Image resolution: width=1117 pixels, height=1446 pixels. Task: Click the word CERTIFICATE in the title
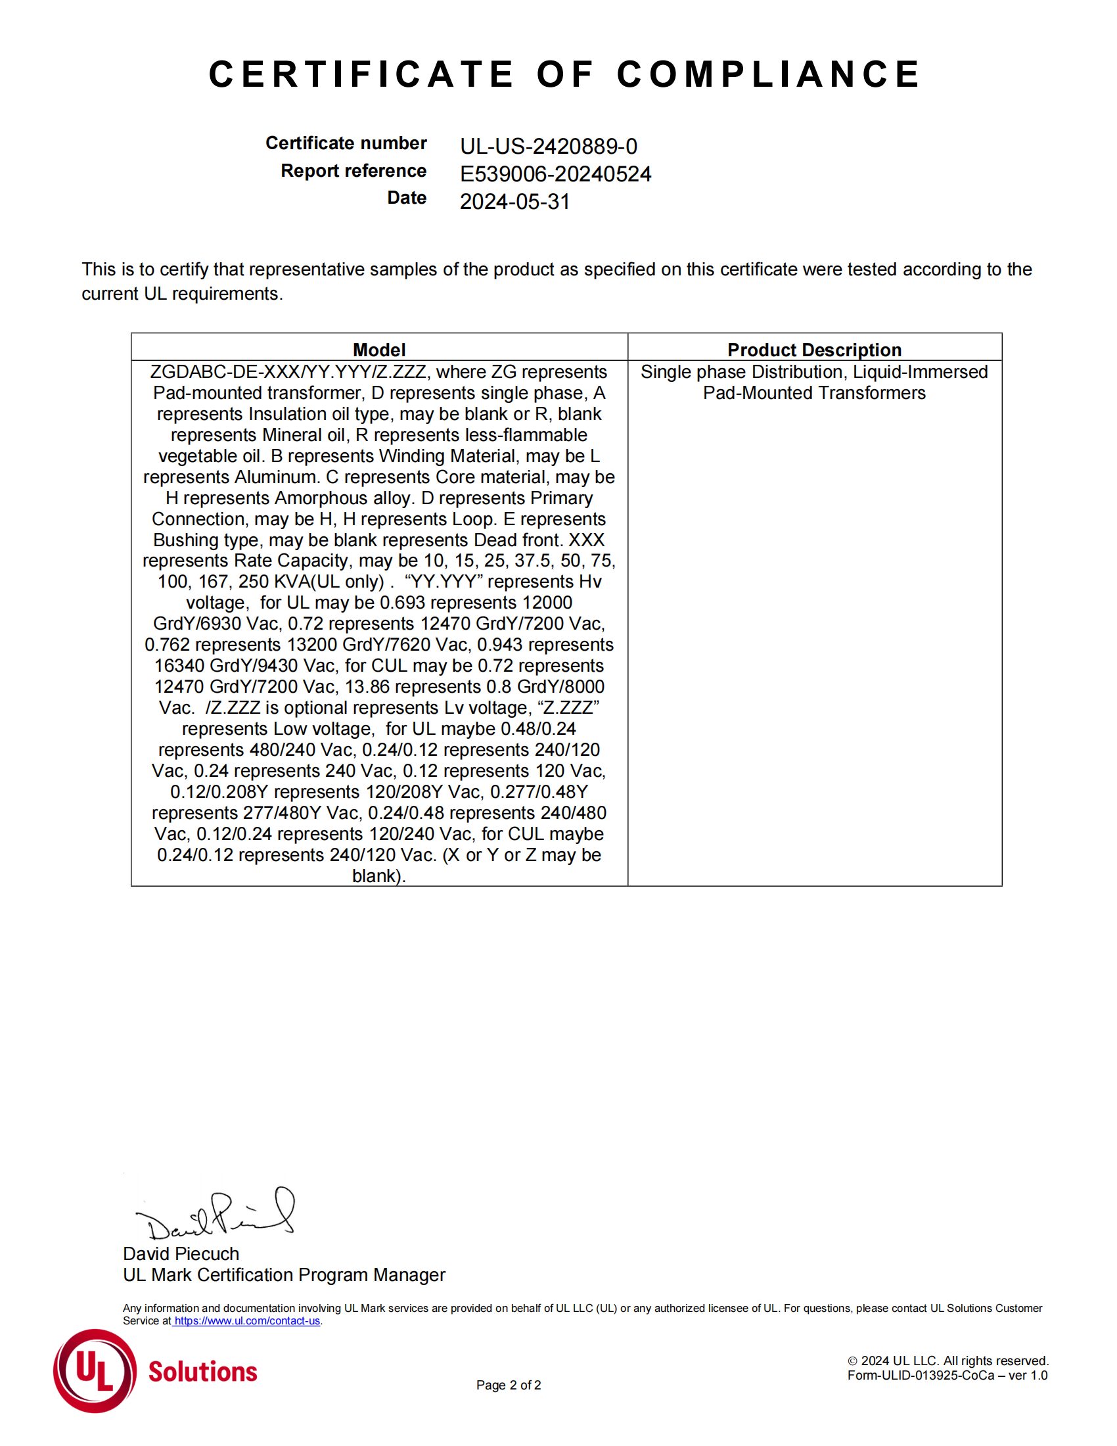pyautogui.click(x=361, y=74)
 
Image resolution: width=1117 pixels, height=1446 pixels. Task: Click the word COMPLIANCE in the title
pyautogui.click(x=768, y=74)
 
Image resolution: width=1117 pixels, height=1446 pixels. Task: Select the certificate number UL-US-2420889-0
pyautogui.click(x=549, y=147)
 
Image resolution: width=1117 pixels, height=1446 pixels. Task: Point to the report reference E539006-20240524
pyautogui.click(x=555, y=174)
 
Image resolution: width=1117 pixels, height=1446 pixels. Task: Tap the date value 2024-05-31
pyautogui.click(x=515, y=202)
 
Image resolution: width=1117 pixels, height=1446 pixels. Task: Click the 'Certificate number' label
pyautogui.click(x=346, y=143)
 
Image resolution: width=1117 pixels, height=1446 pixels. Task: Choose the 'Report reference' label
pyautogui.click(x=353, y=171)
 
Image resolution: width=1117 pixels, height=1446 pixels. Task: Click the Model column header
pyautogui.click(x=378, y=350)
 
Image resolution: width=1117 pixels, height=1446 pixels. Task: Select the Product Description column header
pyautogui.click(x=814, y=350)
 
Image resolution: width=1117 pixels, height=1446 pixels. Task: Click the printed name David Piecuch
pyautogui.click(x=181, y=1253)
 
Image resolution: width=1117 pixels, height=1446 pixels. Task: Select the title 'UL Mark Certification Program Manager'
pyautogui.click(x=284, y=1274)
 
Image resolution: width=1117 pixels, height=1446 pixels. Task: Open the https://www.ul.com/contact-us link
pyautogui.click(x=247, y=1321)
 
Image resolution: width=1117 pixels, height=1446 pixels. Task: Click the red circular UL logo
pyautogui.click(x=95, y=1370)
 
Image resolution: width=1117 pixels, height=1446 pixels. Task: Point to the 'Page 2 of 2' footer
pyautogui.click(x=508, y=1385)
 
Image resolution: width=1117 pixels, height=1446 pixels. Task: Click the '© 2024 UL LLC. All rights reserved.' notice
pyautogui.click(x=947, y=1361)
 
